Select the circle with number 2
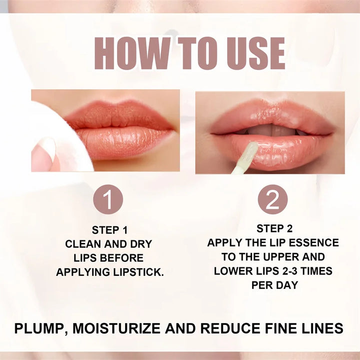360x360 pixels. [272, 199]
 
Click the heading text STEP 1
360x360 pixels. [109, 230]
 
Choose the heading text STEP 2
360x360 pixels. [274, 228]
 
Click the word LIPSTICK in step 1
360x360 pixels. [140, 272]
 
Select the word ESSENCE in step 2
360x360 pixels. [313, 243]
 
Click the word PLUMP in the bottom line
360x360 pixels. [38, 328]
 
